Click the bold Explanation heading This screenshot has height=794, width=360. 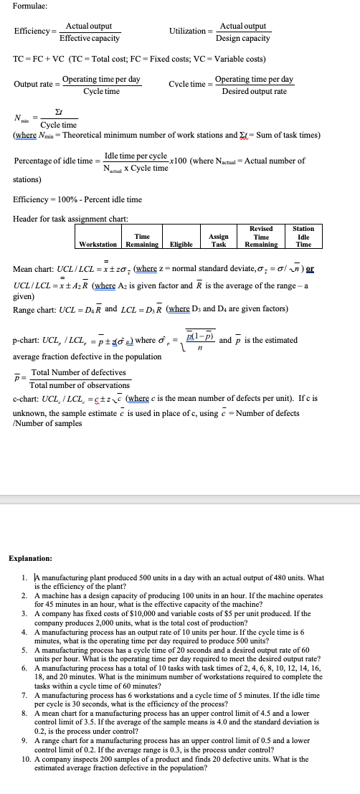pyautogui.click(x=30, y=557)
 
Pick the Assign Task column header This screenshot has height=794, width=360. pyautogui.click(x=218, y=240)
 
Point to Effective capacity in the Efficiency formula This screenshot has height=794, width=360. pyautogui.click(x=89, y=38)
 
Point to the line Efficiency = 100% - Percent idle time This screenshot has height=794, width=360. pyautogui.click(x=77, y=199)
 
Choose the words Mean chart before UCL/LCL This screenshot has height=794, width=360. pyautogui.click(x=32, y=270)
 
